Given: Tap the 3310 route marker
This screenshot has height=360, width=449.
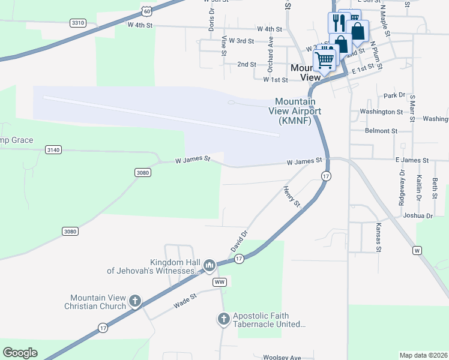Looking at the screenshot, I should (x=78, y=23).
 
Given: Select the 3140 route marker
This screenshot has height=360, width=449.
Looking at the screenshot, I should (x=53, y=150).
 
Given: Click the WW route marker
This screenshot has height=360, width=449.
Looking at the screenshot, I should (x=219, y=281).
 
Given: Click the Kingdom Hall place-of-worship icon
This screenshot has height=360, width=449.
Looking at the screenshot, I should (x=209, y=265).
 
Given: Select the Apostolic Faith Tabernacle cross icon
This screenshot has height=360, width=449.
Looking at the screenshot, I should (x=224, y=319).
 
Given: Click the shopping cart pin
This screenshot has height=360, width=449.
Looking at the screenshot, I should (x=325, y=59).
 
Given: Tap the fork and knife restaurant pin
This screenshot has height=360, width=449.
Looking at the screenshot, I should (x=337, y=23).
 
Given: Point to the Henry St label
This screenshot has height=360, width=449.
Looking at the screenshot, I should (x=292, y=196).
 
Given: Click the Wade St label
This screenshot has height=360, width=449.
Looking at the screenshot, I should (x=185, y=301).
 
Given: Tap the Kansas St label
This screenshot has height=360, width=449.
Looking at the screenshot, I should (x=379, y=236).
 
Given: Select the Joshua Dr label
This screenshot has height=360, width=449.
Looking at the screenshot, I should (x=418, y=215).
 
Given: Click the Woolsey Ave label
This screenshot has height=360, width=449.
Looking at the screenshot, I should (x=282, y=357).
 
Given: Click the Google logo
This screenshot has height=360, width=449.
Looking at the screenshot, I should (x=20, y=353).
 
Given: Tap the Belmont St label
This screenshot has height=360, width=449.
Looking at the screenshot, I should (x=381, y=130).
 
